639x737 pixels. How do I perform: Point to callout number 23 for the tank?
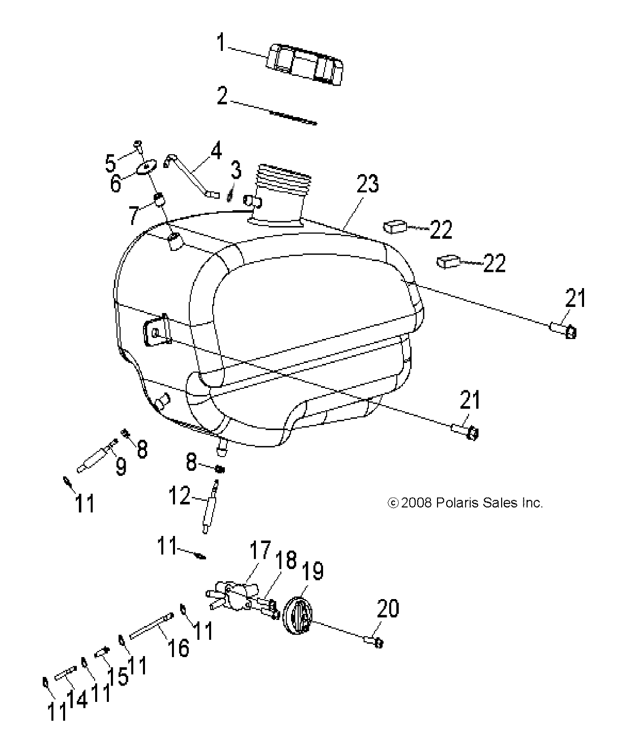click(x=368, y=184)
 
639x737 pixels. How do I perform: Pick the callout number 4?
click(x=216, y=150)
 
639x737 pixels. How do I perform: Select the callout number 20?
click(x=388, y=609)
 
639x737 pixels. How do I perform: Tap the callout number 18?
click(x=286, y=560)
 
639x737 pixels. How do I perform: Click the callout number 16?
click(x=179, y=647)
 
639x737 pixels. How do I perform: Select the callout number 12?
click(x=179, y=496)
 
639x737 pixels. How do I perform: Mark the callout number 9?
click(x=121, y=466)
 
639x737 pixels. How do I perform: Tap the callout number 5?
click(x=110, y=163)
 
